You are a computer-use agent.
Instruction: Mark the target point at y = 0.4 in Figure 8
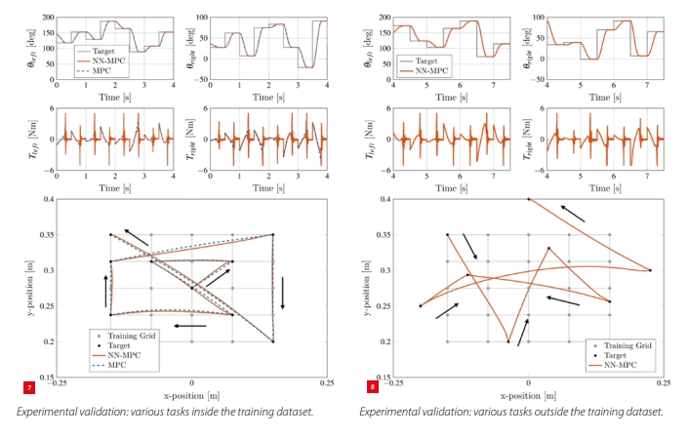[x=529, y=199]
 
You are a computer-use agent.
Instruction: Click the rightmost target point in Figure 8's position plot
[x=650, y=270]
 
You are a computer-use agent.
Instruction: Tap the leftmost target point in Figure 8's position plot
[x=421, y=306]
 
